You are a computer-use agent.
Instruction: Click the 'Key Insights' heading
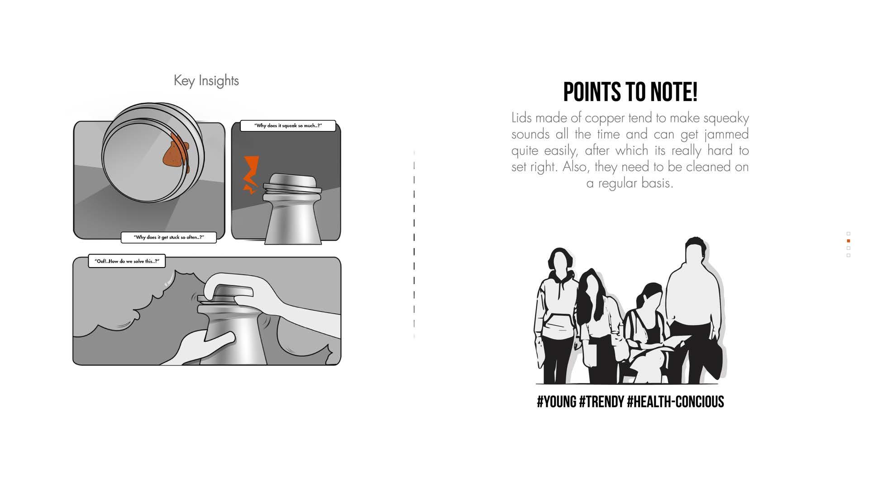pos(206,81)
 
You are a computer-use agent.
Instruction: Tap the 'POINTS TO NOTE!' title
pos(630,92)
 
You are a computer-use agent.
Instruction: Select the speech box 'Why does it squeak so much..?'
pos(288,126)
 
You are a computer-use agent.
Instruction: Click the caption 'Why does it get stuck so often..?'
pos(169,237)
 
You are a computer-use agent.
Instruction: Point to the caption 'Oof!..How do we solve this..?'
pos(127,261)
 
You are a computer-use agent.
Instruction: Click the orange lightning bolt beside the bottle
pos(251,175)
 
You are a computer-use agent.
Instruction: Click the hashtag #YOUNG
pos(556,402)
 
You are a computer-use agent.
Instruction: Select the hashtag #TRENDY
pos(602,402)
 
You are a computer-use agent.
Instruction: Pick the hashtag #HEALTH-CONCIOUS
pos(676,402)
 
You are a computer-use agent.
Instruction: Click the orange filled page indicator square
pos(848,241)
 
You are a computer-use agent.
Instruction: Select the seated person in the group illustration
pos(647,335)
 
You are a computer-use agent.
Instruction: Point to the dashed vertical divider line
pos(414,244)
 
